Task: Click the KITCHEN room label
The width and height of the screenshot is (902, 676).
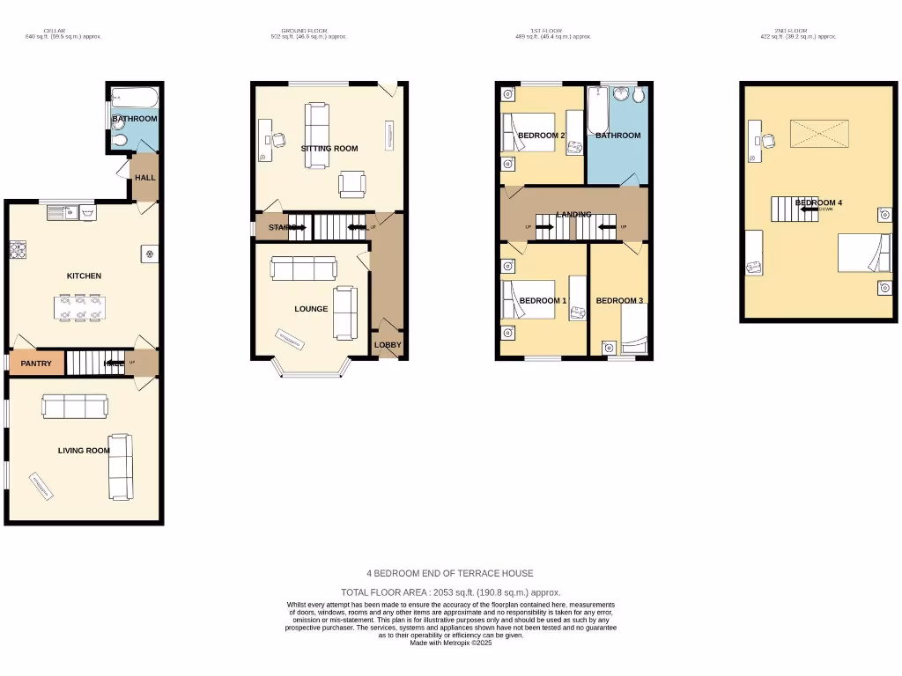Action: pos(84,276)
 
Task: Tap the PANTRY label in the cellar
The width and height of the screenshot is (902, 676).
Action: pos(36,364)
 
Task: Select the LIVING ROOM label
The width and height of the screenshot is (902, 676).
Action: pos(84,451)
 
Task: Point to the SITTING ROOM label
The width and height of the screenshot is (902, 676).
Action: pos(329,149)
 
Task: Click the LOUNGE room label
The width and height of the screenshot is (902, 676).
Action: pos(311,309)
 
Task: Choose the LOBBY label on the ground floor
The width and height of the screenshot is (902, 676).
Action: pos(388,345)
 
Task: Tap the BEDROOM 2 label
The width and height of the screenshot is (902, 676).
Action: pos(541,136)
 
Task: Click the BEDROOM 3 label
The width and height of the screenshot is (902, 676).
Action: pos(619,301)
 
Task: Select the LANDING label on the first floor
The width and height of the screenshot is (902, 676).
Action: pos(573,215)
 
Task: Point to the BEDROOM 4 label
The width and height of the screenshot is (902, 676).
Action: pos(818,202)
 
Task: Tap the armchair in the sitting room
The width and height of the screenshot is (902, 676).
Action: pos(352,184)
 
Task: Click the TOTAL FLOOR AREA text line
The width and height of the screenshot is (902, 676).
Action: pos(450,592)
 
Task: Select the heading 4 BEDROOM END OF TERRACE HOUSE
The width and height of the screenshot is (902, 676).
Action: pos(450,573)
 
